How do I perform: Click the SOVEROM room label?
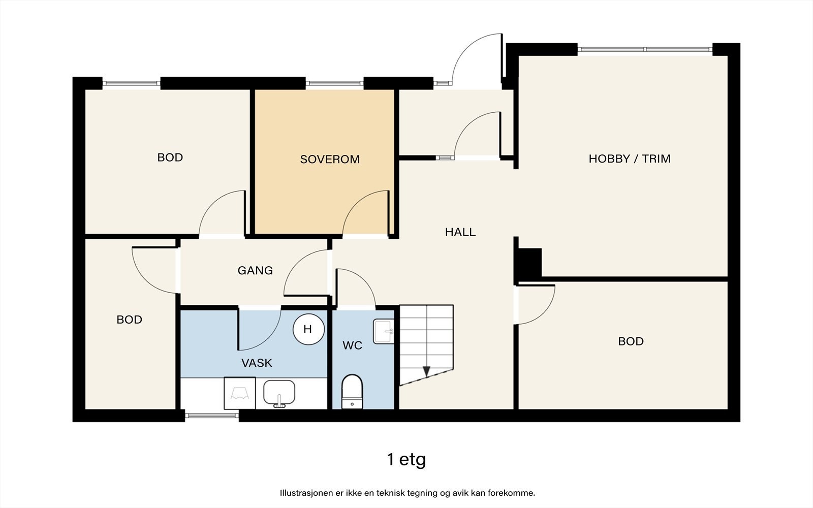(330, 160)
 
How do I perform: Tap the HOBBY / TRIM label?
(630, 158)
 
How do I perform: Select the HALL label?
(460, 232)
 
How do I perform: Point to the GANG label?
(255, 270)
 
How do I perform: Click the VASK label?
(257, 363)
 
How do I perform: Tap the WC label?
(352, 345)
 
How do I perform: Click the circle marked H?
(308, 329)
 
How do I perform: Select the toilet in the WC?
(352, 392)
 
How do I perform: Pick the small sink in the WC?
(384, 331)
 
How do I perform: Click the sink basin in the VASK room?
(279, 393)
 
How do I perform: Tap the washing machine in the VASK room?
(240, 393)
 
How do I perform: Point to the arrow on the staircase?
(426, 371)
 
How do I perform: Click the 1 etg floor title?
(407, 460)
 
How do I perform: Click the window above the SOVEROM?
(335, 83)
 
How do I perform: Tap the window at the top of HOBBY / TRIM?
(645, 49)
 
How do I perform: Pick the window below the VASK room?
(211, 416)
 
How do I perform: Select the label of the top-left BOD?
(170, 157)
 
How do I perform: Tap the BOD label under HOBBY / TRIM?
(631, 341)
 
